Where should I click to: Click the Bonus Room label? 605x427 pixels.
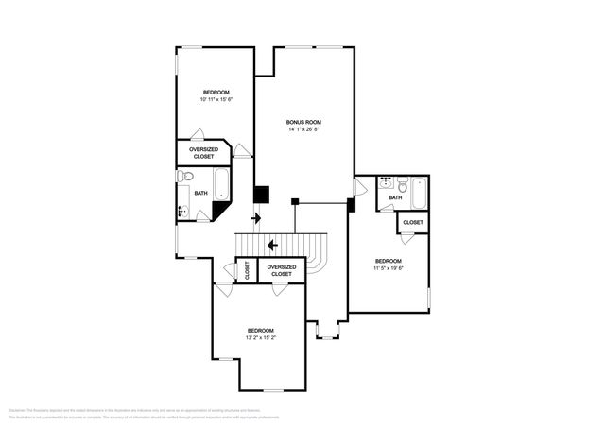point(304,122)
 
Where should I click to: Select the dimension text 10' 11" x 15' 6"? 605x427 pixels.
point(216,99)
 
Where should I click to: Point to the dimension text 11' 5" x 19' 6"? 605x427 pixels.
point(388,268)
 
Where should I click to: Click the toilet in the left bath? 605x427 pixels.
point(186,177)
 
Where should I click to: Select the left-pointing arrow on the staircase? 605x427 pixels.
point(272,246)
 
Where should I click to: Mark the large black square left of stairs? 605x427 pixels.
point(262,195)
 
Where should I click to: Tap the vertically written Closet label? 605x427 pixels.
point(247,270)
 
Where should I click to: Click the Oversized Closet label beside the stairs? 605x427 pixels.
point(282,270)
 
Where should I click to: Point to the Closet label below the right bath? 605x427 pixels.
point(412,222)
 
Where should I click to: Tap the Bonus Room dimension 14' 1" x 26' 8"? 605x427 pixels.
point(304,129)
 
